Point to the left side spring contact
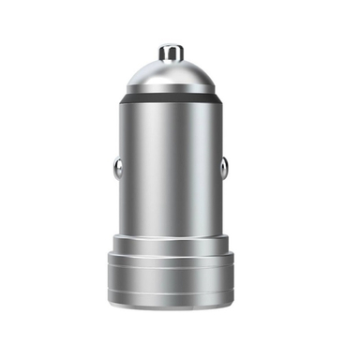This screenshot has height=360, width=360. (117, 169)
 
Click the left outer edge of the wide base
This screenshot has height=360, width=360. (107, 277)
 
